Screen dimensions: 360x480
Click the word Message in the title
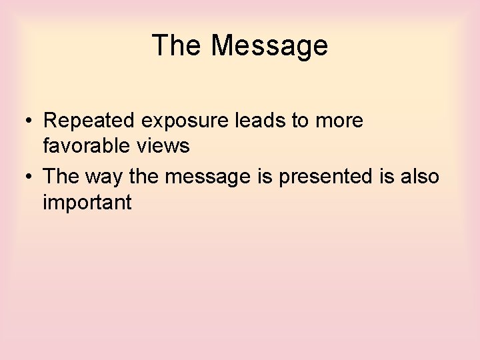pos(270,46)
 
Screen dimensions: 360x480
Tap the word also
pos(420,176)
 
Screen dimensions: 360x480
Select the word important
pos(87,202)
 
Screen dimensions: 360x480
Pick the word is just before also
pos(391,176)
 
